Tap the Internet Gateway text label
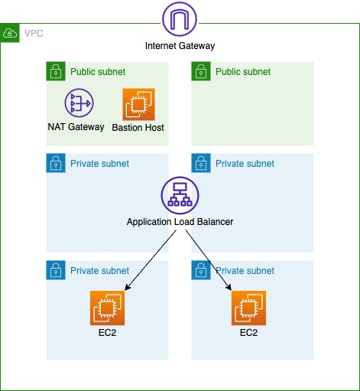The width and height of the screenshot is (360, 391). [180, 46]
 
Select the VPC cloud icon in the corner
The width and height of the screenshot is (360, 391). [10, 34]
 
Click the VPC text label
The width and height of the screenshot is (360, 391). [34, 34]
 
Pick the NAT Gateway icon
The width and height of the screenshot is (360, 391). [77, 103]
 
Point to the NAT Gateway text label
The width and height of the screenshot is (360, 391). [76, 127]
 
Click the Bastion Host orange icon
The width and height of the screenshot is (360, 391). [138, 103]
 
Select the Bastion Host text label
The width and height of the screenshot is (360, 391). [138, 127]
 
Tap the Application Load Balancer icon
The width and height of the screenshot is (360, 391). [180, 196]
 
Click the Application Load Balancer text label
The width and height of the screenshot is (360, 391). [180, 222]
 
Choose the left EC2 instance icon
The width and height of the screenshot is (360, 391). [106, 308]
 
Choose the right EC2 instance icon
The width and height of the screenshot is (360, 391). [248, 308]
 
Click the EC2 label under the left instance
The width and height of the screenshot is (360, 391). [106, 333]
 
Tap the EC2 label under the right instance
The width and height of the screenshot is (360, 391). [248, 333]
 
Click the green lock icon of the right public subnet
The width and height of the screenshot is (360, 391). [200, 72]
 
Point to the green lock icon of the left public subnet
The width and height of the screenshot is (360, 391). [55, 72]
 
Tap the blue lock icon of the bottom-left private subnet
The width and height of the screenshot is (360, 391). [55, 271]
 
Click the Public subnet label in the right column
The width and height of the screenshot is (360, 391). [243, 72]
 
